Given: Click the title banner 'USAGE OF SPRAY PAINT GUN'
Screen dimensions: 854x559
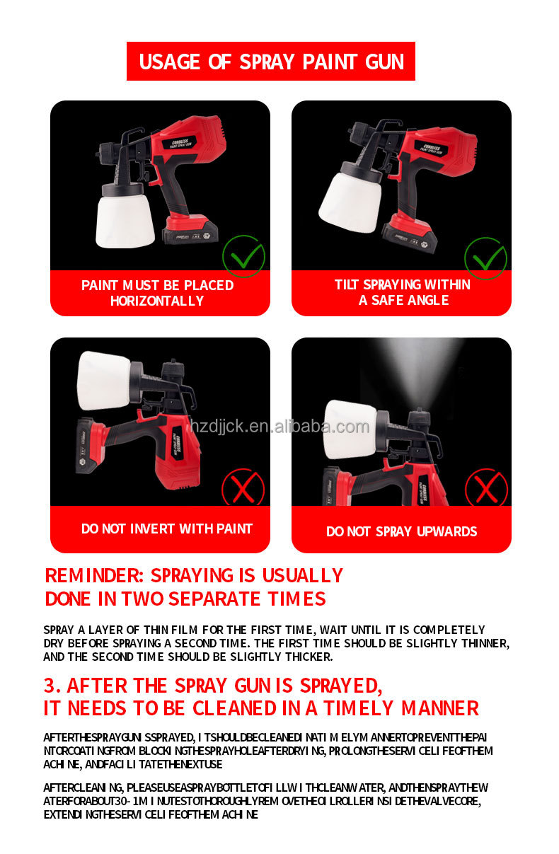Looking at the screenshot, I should (271, 62).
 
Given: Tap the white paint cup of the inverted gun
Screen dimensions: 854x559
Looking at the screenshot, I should (104, 380).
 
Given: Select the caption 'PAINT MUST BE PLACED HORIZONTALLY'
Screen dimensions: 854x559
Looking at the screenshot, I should (158, 293).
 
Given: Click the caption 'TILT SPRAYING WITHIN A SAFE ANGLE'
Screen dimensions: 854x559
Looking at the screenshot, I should (402, 292).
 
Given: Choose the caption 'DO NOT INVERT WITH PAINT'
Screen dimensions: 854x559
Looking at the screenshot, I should (166, 529).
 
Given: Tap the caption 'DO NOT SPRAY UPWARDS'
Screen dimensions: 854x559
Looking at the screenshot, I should (401, 531).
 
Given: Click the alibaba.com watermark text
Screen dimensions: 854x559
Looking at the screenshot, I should (279, 427).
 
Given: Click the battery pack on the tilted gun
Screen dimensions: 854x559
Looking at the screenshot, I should (408, 237).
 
